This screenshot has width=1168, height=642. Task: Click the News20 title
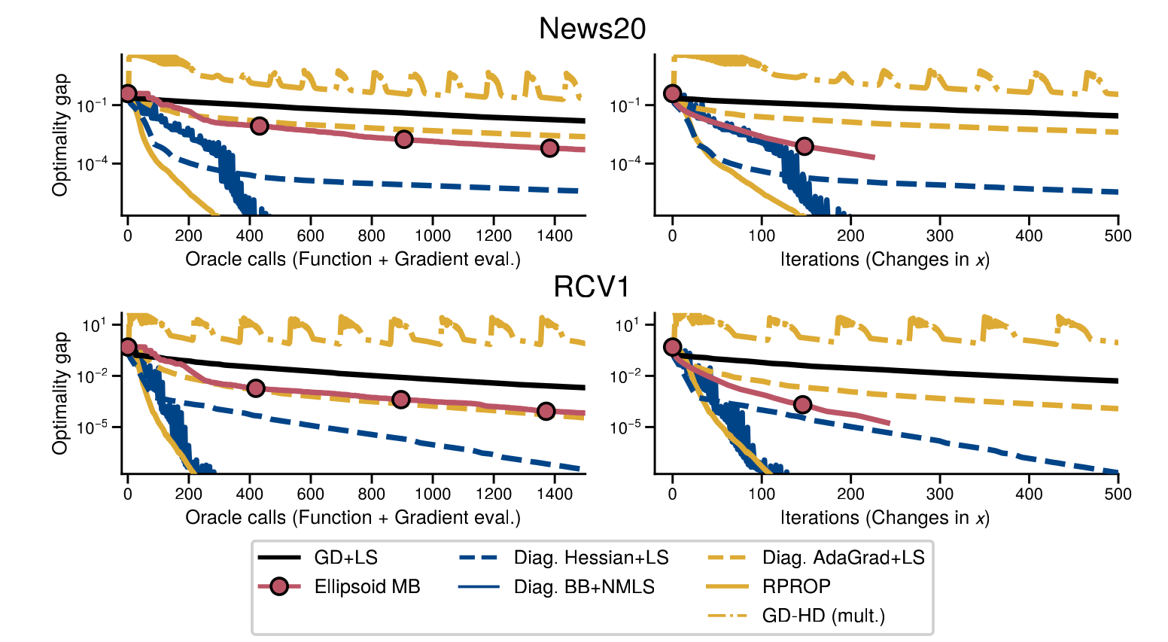click(592, 29)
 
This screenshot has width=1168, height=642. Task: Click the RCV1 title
click(592, 287)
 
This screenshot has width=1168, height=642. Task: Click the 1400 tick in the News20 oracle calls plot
click(555, 236)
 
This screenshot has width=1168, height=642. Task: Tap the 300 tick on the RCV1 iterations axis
click(940, 494)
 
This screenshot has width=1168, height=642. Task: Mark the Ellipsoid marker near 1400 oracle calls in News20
click(549, 148)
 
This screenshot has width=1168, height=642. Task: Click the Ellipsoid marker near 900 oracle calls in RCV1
click(401, 400)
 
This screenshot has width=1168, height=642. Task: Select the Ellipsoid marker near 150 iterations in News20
click(805, 146)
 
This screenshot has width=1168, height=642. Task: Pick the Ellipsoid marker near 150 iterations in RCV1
click(803, 405)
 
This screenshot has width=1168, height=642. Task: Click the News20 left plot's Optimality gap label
click(60, 135)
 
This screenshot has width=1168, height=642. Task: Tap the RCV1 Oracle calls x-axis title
click(353, 518)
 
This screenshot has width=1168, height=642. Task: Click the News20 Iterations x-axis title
click(885, 260)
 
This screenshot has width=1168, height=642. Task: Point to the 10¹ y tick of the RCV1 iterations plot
click(626, 325)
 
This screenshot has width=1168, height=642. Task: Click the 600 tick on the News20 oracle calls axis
click(310, 236)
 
